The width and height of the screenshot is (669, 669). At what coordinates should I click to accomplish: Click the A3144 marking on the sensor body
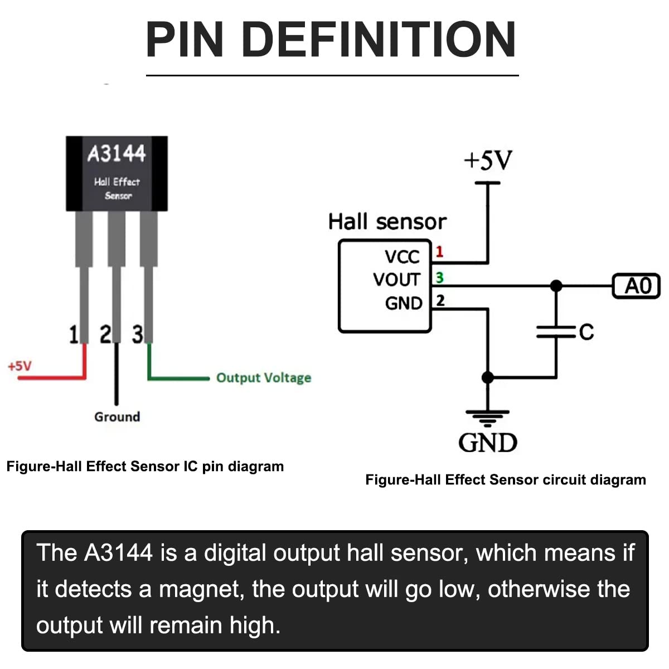[117, 153]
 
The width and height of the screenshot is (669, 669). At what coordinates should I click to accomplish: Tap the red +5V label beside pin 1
[20, 366]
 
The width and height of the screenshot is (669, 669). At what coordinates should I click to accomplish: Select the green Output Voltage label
[263, 378]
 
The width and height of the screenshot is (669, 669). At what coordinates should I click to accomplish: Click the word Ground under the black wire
[117, 417]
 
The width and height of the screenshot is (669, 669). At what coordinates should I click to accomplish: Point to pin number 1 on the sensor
[73, 335]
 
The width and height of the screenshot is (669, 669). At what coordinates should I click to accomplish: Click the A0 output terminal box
[636, 286]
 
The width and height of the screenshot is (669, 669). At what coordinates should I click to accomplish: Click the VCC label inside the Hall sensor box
[402, 256]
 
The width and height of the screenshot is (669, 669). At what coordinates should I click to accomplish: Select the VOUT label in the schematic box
[396, 279]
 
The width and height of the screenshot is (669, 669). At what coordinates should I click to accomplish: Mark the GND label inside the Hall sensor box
[404, 303]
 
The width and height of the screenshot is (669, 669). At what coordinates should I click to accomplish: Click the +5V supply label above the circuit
[488, 161]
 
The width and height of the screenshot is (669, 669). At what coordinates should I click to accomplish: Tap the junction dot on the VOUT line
[556, 286]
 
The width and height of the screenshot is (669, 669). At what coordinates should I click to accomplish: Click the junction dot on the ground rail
[488, 377]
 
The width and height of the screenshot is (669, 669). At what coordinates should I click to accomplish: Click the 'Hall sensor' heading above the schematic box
[387, 222]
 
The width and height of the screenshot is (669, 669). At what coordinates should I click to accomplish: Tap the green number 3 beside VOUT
[439, 277]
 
